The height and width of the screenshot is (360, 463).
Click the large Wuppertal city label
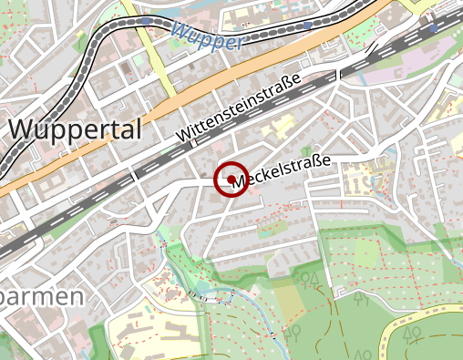pyautogui.click(x=76, y=129)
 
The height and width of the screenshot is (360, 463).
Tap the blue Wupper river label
pyautogui.click(x=207, y=37)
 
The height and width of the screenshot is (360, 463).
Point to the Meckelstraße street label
pyautogui.click(x=282, y=173)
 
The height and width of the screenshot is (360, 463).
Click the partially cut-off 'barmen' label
pyautogui.click(x=41, y=296)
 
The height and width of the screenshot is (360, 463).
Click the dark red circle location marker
pyautogui.click(x=231, y=180)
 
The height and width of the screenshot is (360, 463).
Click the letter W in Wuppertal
pyautogui.click(x=25, y=129)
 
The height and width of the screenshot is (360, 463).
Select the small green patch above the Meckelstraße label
pyautogui.click(x=307, y=151)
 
